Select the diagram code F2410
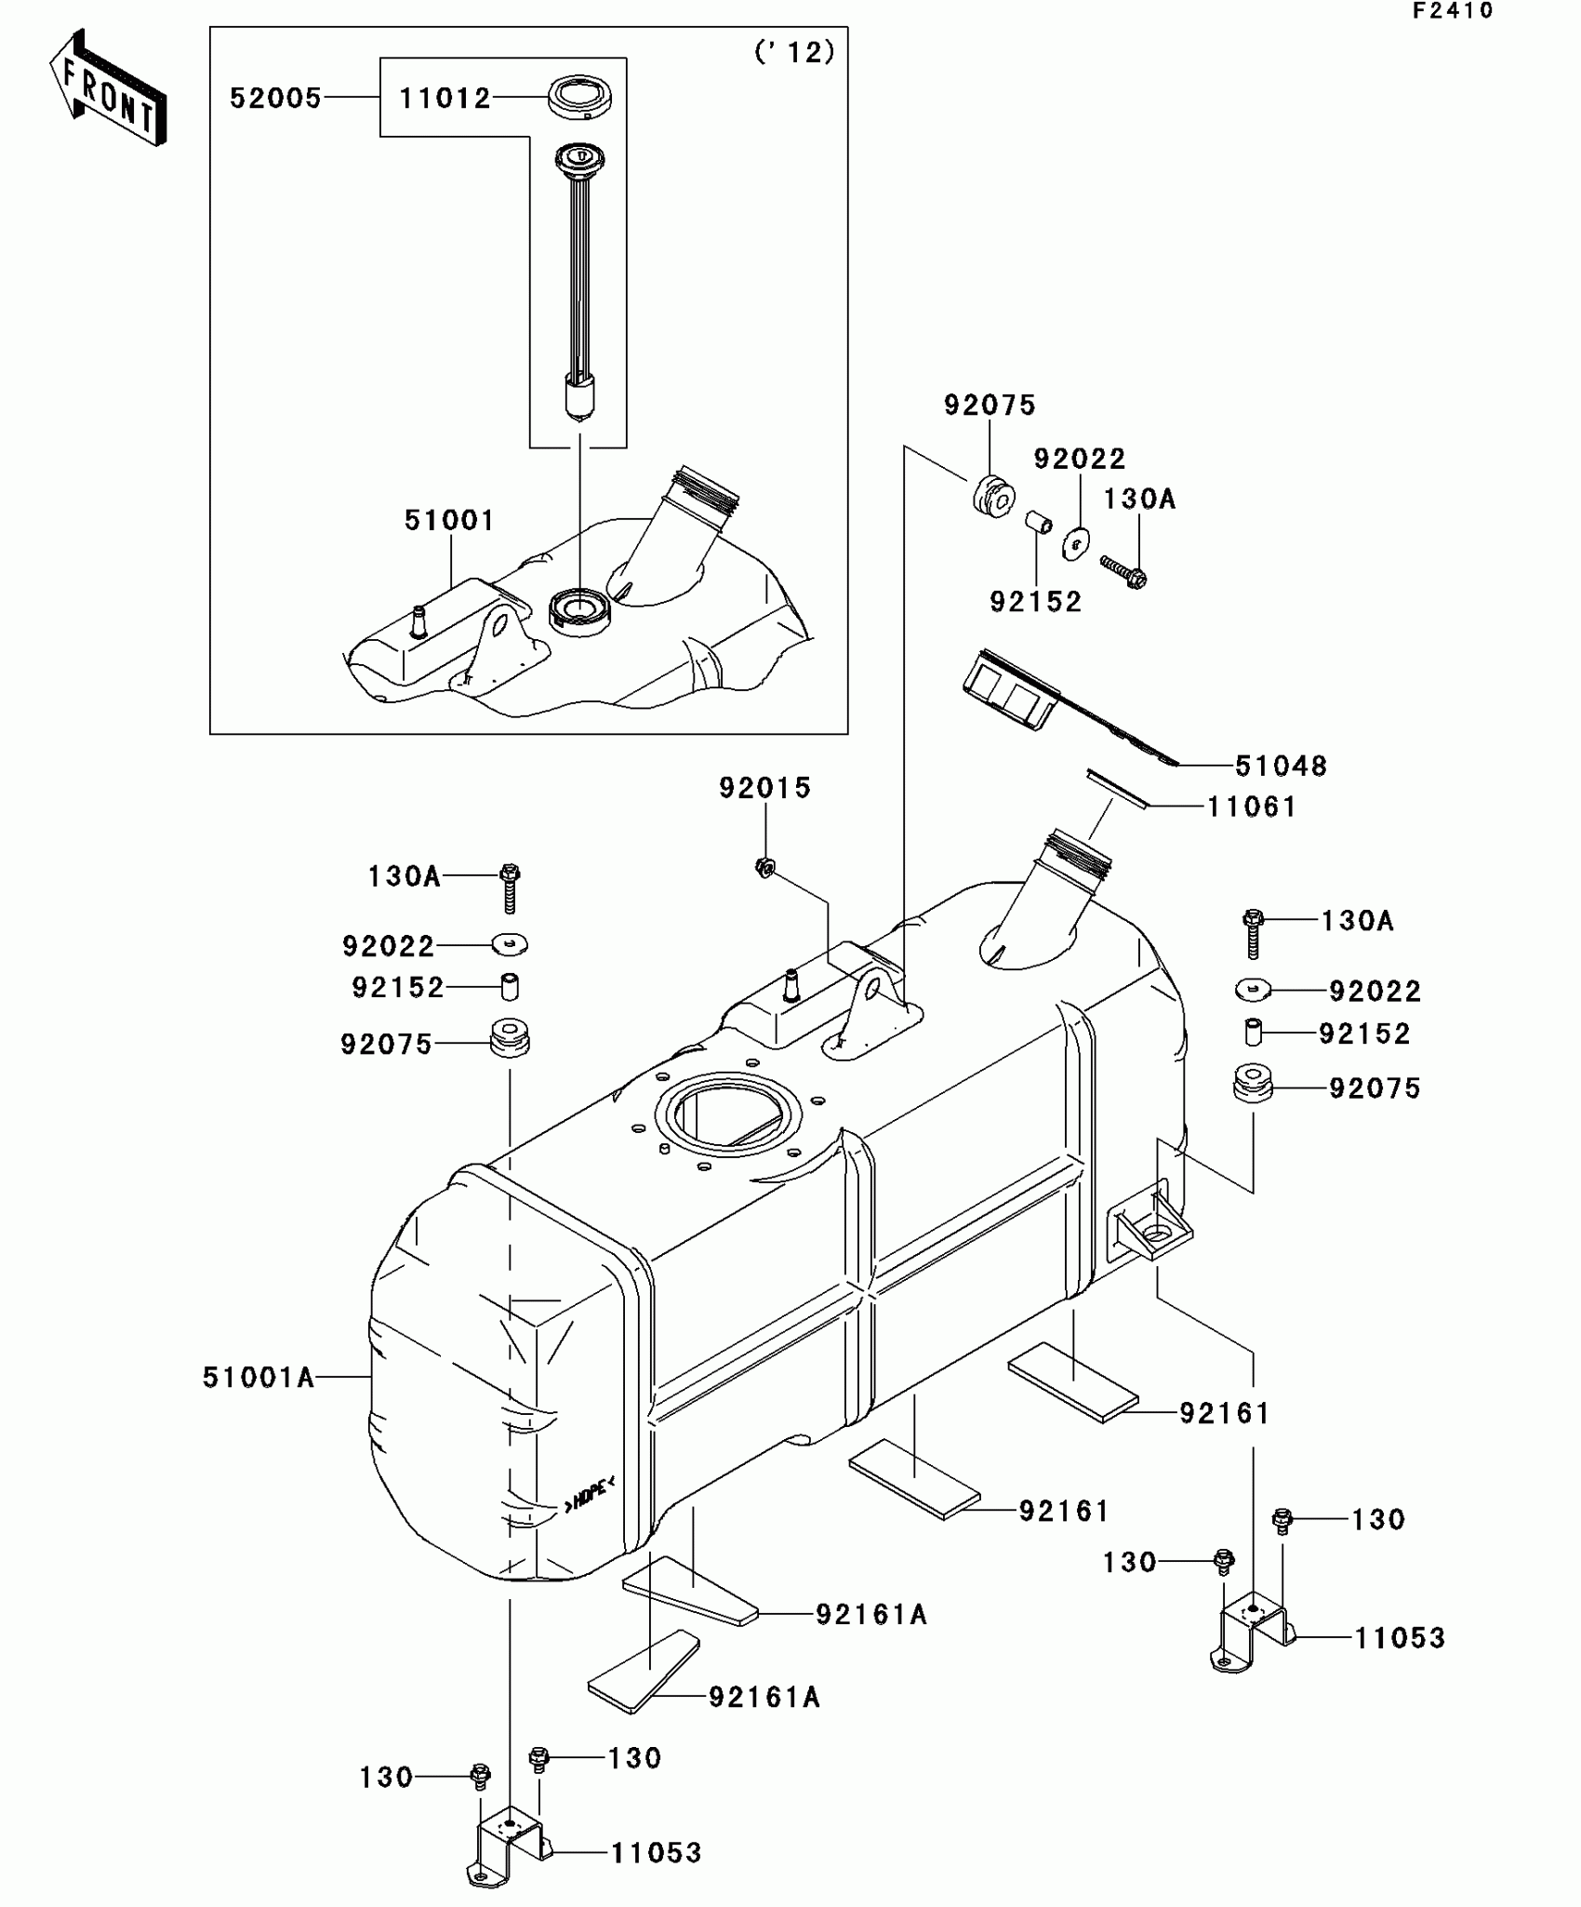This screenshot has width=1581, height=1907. point(1452,11)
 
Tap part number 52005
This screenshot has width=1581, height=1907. point(275,98)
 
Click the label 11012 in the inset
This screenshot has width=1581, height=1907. point(445,98)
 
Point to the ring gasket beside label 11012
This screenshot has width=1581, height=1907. point(579,98)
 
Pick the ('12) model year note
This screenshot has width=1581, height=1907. point(794,53)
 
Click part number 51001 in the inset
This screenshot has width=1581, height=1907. point(449,520)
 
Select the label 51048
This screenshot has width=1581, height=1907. point(1281,766)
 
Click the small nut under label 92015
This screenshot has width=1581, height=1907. point(764,868)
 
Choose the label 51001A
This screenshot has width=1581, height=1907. point(259,1377)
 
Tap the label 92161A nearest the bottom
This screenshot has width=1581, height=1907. point(764,1698)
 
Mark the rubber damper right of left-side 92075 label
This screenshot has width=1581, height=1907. point(510,1038)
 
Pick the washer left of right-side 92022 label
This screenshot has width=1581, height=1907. point(1254,989)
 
